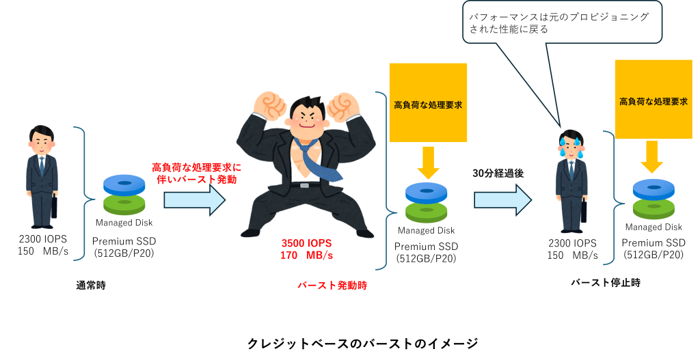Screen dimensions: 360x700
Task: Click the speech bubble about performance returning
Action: [x=562, y=22]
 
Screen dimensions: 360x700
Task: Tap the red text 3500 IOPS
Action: [x=306, y=243]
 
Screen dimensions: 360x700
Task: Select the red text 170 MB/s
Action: [x=306, y=255]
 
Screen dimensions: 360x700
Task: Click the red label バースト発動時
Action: [x=332, y=286]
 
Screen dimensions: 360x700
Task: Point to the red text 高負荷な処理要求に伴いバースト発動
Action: [x=196, y=173]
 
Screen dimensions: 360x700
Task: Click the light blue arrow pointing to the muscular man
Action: [x=194, y=199]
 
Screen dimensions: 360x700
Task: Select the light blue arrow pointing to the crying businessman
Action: [x=502, y=199]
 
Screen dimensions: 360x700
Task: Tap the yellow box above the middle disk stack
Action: [x=428, y=102]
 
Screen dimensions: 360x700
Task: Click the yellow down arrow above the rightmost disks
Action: [x=652, y=157]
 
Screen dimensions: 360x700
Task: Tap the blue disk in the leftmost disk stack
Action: [x=124, y=184]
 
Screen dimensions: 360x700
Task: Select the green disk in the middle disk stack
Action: [x=427, y=212]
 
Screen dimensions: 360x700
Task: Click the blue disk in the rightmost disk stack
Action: [x=654, y=189]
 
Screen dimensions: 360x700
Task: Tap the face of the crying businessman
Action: [x=570, y=146]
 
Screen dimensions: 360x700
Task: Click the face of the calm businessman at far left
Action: [x=42, y=142]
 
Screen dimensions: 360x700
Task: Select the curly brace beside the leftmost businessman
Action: [x=83, y=194]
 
